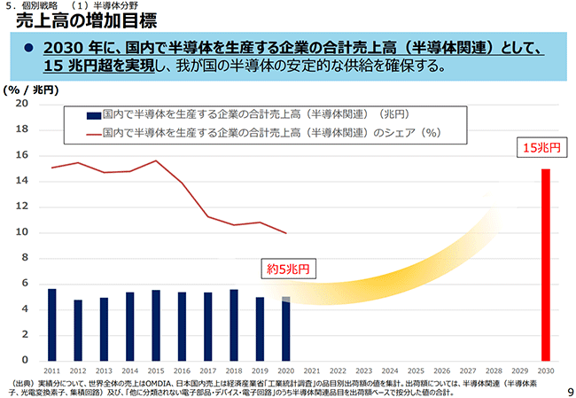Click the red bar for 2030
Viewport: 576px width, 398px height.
(x=546, y=264)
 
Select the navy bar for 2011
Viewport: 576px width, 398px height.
(x=52, y=324)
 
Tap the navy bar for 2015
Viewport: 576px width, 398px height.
(x=156, y=324)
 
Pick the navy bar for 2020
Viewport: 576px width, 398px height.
(x=285, y=329)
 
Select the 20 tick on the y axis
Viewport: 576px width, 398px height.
(x=23, y=105)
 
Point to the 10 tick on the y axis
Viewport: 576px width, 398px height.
(x=23, y=233)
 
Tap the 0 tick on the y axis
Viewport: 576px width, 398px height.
(x=26, y=361)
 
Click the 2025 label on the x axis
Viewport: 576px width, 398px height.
(x=416, y=371)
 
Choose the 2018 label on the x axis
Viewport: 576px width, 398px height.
(x=234, y=371)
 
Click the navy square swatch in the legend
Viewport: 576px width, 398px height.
(x=93, y=115)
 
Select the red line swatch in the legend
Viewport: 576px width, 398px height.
(x=93, y=133)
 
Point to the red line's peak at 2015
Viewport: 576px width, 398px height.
(x=156, y=160)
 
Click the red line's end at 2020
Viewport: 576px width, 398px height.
(x=285, y=233)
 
